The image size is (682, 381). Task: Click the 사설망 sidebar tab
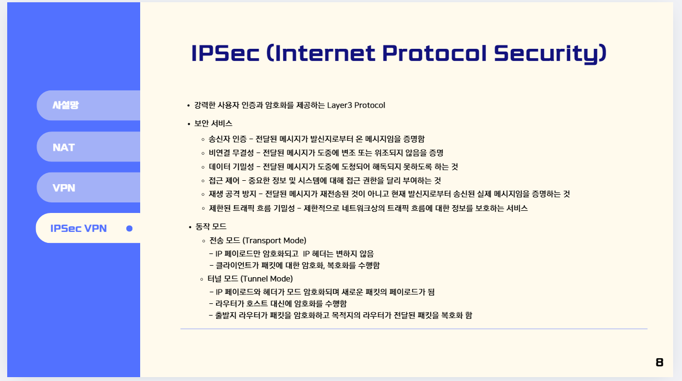tap(88, 105)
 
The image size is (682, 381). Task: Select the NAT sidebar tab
tap(88, 146)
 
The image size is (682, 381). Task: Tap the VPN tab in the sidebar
tap(88, 187)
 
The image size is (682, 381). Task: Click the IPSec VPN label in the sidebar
tap(79, 228)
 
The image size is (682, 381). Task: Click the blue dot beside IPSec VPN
tap(130, 228)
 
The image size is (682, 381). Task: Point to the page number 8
tap(659, 362)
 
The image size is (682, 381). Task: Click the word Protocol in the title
tap(434, 53)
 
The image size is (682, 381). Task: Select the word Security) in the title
tap(550, 54)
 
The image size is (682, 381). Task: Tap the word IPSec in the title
tap(225, 53)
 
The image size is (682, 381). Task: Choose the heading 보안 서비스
tap(213, 124)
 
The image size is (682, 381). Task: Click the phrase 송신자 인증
tap(228, 139)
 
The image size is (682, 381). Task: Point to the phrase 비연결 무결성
tap(231, 153)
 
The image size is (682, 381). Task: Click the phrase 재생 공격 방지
tap(232, 194)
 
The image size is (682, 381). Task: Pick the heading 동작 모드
tap(211, 226)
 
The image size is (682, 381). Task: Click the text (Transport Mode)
tap(274, 241)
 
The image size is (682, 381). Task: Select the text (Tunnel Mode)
tap(266, 278)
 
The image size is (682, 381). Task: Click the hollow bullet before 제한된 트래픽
tap(203, 209)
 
